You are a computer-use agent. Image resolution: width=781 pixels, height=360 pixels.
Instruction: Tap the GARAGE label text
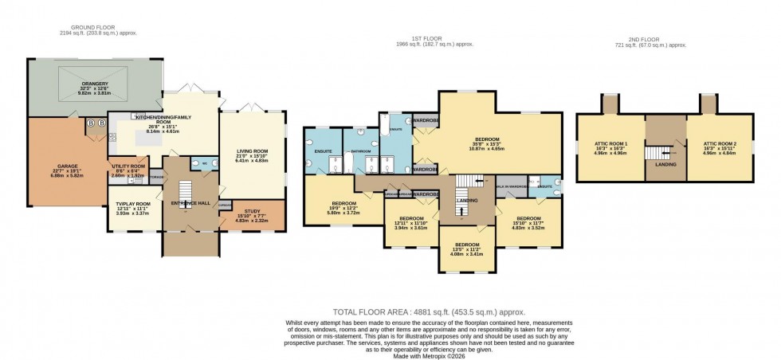pos(66,166)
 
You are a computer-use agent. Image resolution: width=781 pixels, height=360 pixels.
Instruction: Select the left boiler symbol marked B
pos(90,123)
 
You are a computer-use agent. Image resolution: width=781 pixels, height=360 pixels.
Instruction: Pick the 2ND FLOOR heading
pos(646,39)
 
